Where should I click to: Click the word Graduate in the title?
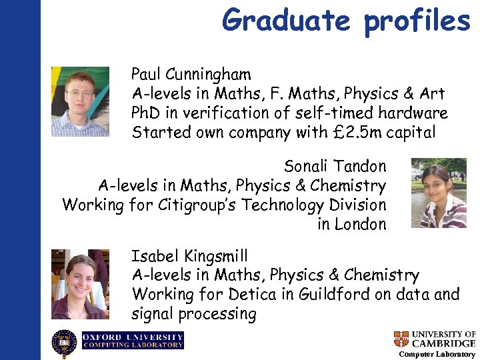pos(287,20)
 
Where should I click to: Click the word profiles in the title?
pos(417,20)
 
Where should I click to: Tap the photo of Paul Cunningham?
pos(80,101)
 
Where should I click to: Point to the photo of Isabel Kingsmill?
pos(79,284)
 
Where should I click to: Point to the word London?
pos(360,224)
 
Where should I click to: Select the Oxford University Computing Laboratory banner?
pos(133,341)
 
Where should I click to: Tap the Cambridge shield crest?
pos(401,339)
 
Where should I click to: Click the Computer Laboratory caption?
pos(437,354)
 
